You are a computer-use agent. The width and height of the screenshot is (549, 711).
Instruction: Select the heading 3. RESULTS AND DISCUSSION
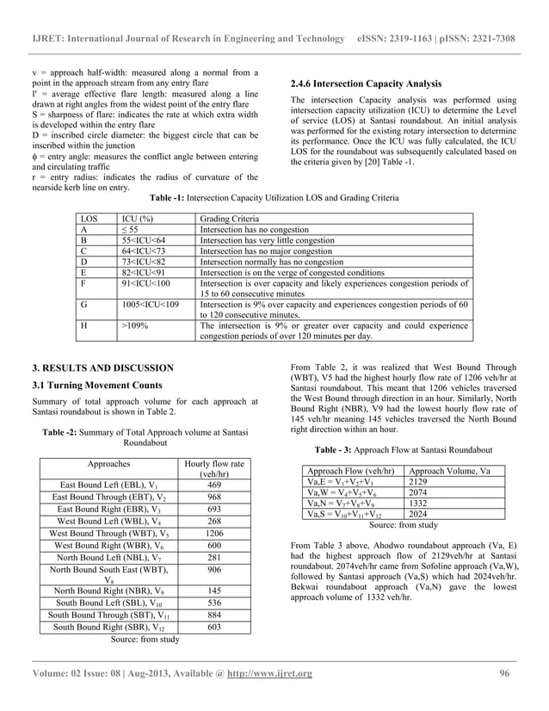[x=102, y=368]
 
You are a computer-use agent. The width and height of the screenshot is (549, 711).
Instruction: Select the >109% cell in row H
[x=133, y=327]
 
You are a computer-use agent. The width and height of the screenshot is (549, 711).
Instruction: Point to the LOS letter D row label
[x=83, y=261]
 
